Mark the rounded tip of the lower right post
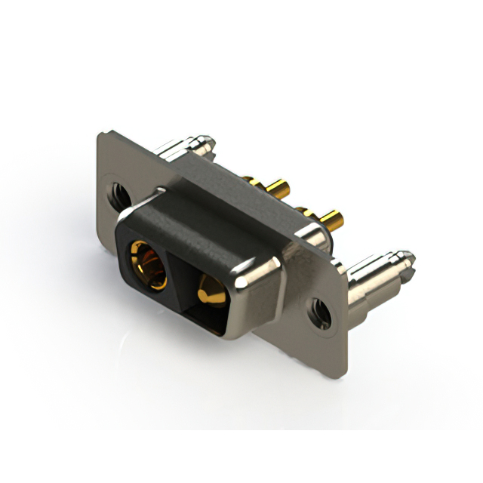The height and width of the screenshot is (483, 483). [x=408, y=258]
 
